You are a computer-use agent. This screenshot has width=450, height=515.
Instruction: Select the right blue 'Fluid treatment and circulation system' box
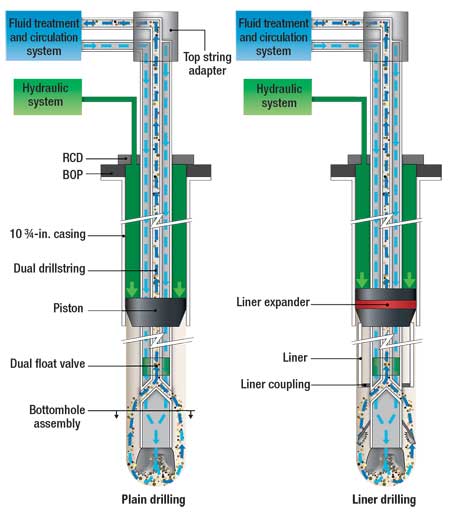[x=272, y=31]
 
